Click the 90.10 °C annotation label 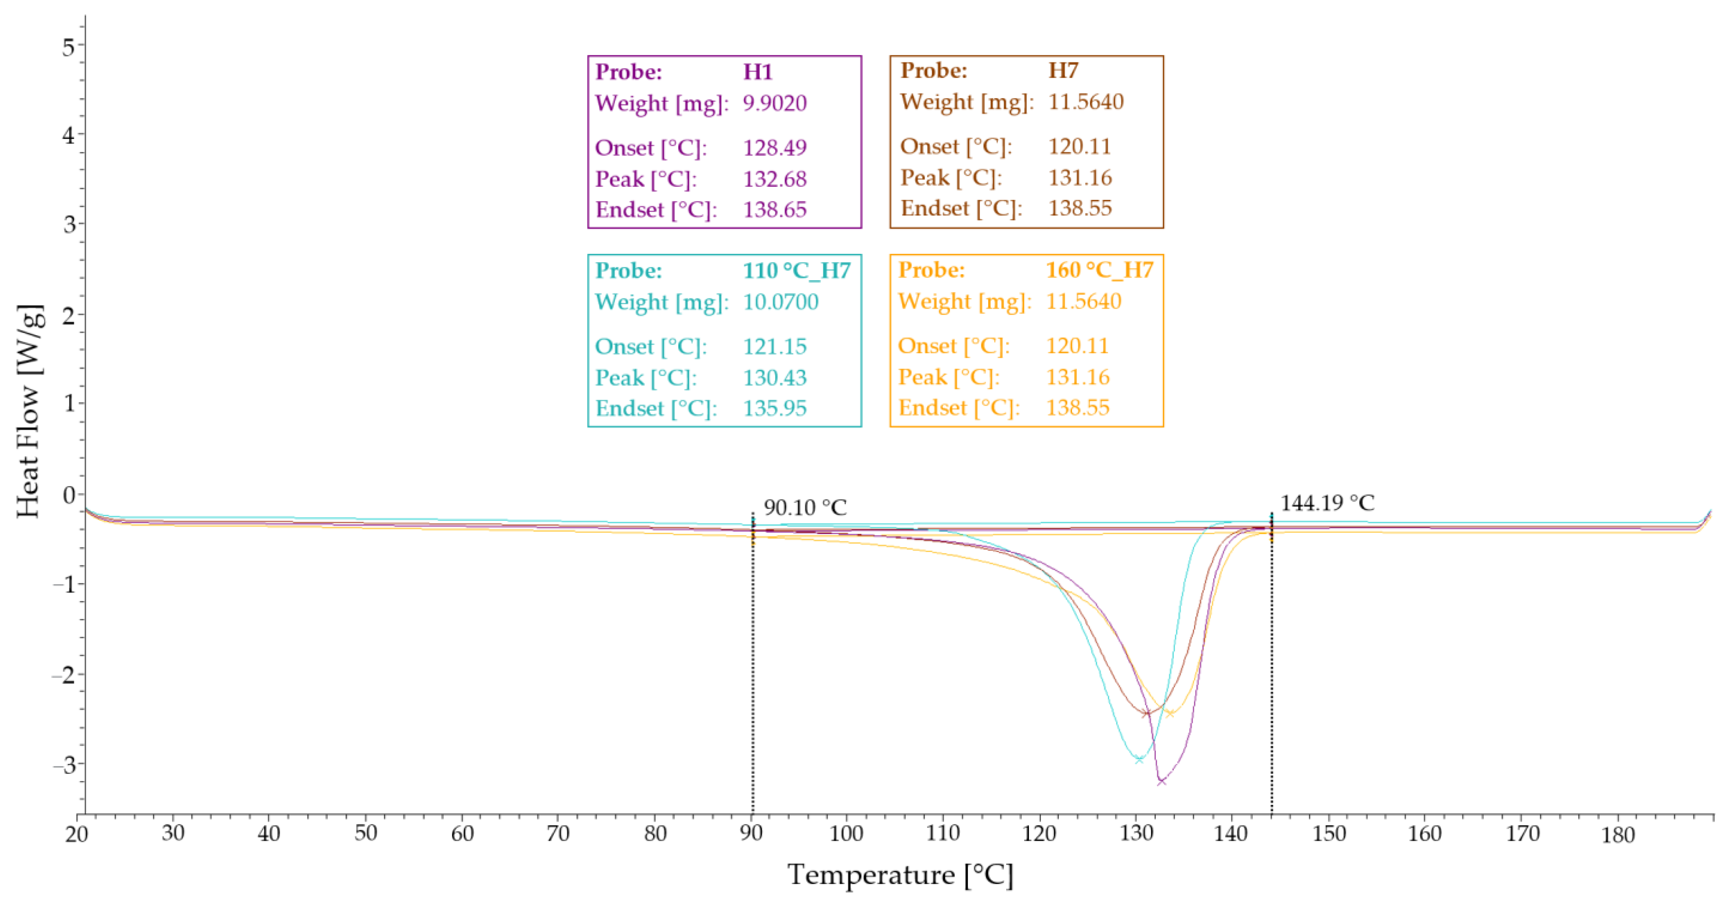(x=805, y=508)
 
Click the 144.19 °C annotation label (x=1326, y=503)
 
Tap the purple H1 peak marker (x=1161, y=781)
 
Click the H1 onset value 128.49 (x=774, y=147)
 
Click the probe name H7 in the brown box (x=1063, y=71)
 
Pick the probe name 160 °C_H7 (x=1099, y=270)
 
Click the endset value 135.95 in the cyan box (x=774, y=408)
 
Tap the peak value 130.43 (x=774, y=377)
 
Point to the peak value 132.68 (x=774, y=179)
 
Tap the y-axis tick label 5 (x=69, y=47)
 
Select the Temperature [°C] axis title (x=900, y=875)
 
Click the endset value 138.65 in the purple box (x=774, y=210)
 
